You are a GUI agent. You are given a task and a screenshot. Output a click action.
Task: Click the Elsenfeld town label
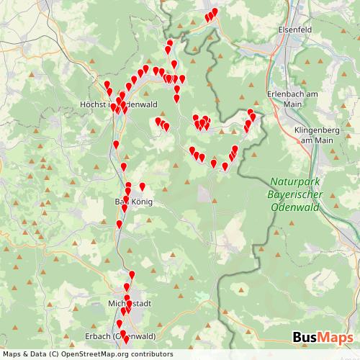(x=294, y=31)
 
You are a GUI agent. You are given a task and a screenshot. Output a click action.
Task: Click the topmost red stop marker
(x=215, y=11)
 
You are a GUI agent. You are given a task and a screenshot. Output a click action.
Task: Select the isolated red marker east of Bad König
(x=142, y=186)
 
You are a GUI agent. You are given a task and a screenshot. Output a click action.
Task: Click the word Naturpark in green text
(x=294, y=183)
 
